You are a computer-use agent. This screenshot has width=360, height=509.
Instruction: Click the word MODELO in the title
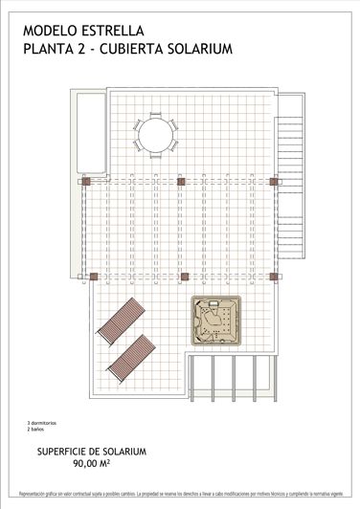click(50, 31)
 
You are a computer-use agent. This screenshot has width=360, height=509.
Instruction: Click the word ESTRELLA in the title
click(118, 31)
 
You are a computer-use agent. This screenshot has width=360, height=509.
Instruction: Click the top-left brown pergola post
click(85, 180)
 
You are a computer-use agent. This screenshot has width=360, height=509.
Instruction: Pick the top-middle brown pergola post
click(180, 180)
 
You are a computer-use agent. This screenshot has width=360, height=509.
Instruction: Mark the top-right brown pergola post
click(273, 180)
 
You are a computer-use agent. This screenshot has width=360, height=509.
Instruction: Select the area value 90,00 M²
click(91, 463)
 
